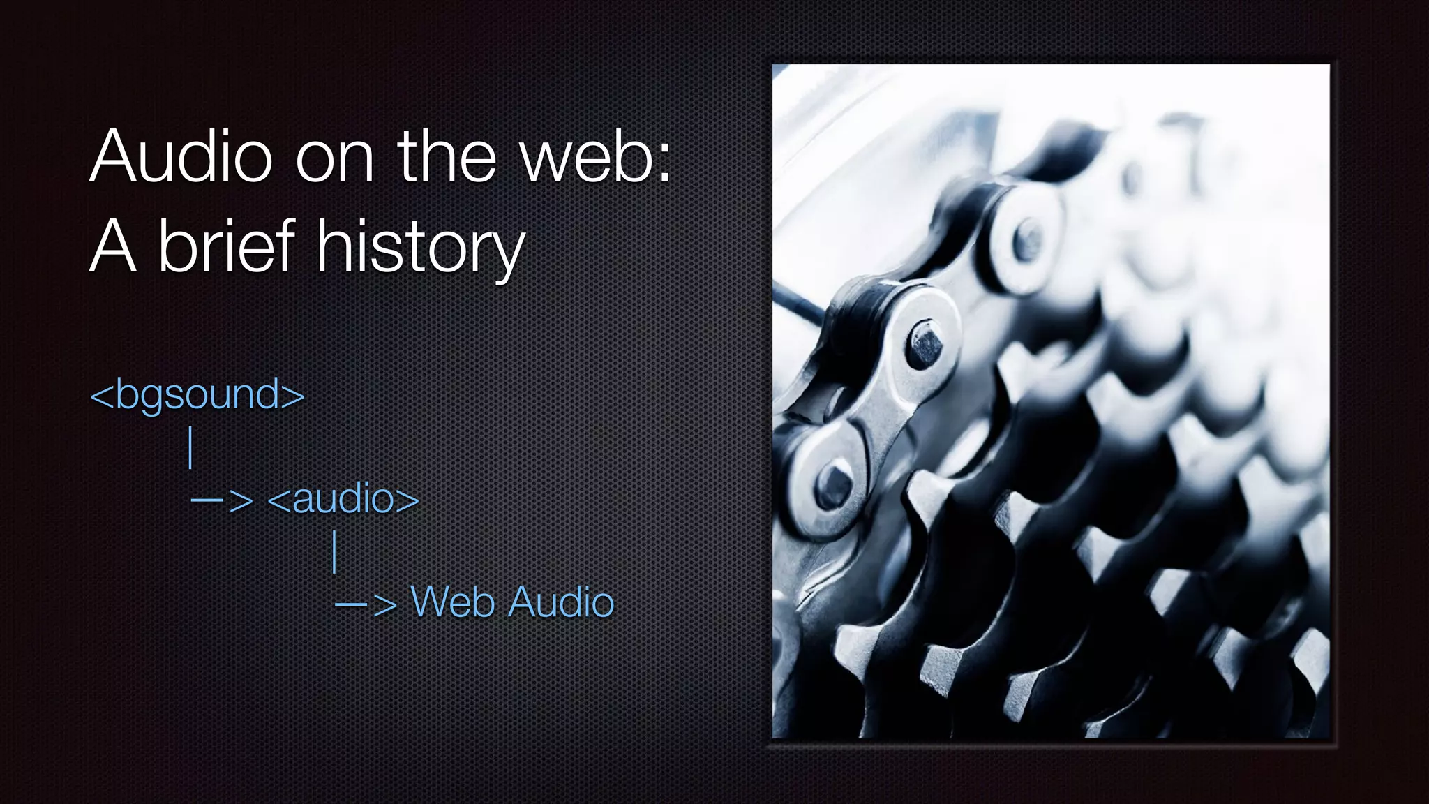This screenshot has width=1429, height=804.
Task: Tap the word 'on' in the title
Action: (335, 159)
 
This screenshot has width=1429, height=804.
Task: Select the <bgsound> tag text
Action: (197, 395)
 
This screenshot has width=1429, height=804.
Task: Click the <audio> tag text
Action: (343, 499)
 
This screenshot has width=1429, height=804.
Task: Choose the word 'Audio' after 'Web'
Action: (561, 602)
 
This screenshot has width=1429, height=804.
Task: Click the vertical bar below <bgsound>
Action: (190, 448)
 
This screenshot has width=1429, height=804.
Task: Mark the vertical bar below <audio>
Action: (336, 551)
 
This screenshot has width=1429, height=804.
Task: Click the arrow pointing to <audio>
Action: (222, 500)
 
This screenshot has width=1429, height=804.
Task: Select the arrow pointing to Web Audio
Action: (366, 604)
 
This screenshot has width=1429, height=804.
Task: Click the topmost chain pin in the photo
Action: (1026, 241)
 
